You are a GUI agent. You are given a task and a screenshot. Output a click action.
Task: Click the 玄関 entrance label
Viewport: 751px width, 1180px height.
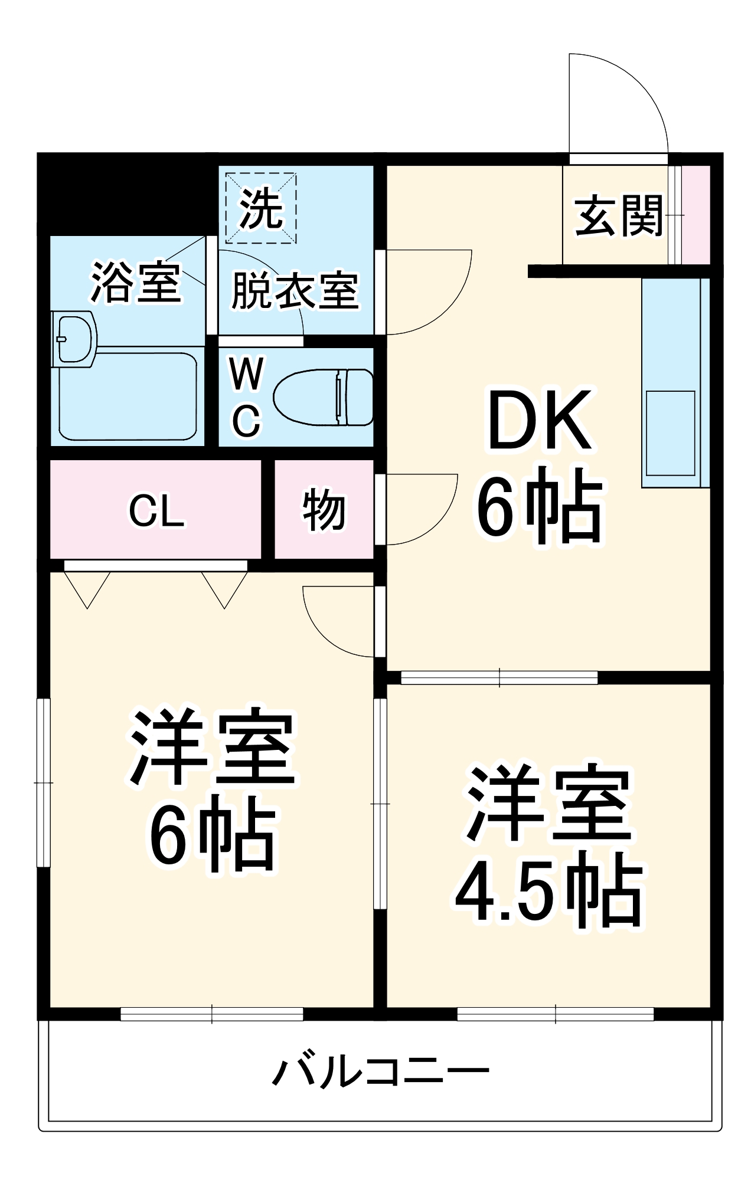pos(619,216)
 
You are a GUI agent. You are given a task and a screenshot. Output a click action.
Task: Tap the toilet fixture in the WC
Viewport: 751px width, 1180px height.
pos(324,397)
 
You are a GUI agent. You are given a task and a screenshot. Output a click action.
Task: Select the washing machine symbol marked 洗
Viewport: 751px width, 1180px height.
pos(260,208)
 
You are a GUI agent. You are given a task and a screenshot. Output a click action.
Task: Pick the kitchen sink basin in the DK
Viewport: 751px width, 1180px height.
pos(670,433)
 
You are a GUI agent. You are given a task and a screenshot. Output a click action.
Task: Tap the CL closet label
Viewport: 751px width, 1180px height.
pos(156,510)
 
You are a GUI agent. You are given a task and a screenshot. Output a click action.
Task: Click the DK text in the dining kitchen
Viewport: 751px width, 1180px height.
pos(539,420)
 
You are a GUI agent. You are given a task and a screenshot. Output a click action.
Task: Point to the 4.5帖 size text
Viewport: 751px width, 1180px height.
pos(548,896)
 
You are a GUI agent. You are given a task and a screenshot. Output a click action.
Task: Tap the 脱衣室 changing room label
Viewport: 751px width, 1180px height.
pos(295,290)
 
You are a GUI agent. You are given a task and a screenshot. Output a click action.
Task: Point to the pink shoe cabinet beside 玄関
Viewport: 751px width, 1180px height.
pos(696,215)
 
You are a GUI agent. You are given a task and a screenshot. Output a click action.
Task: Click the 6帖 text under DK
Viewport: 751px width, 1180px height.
pos(539,506)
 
